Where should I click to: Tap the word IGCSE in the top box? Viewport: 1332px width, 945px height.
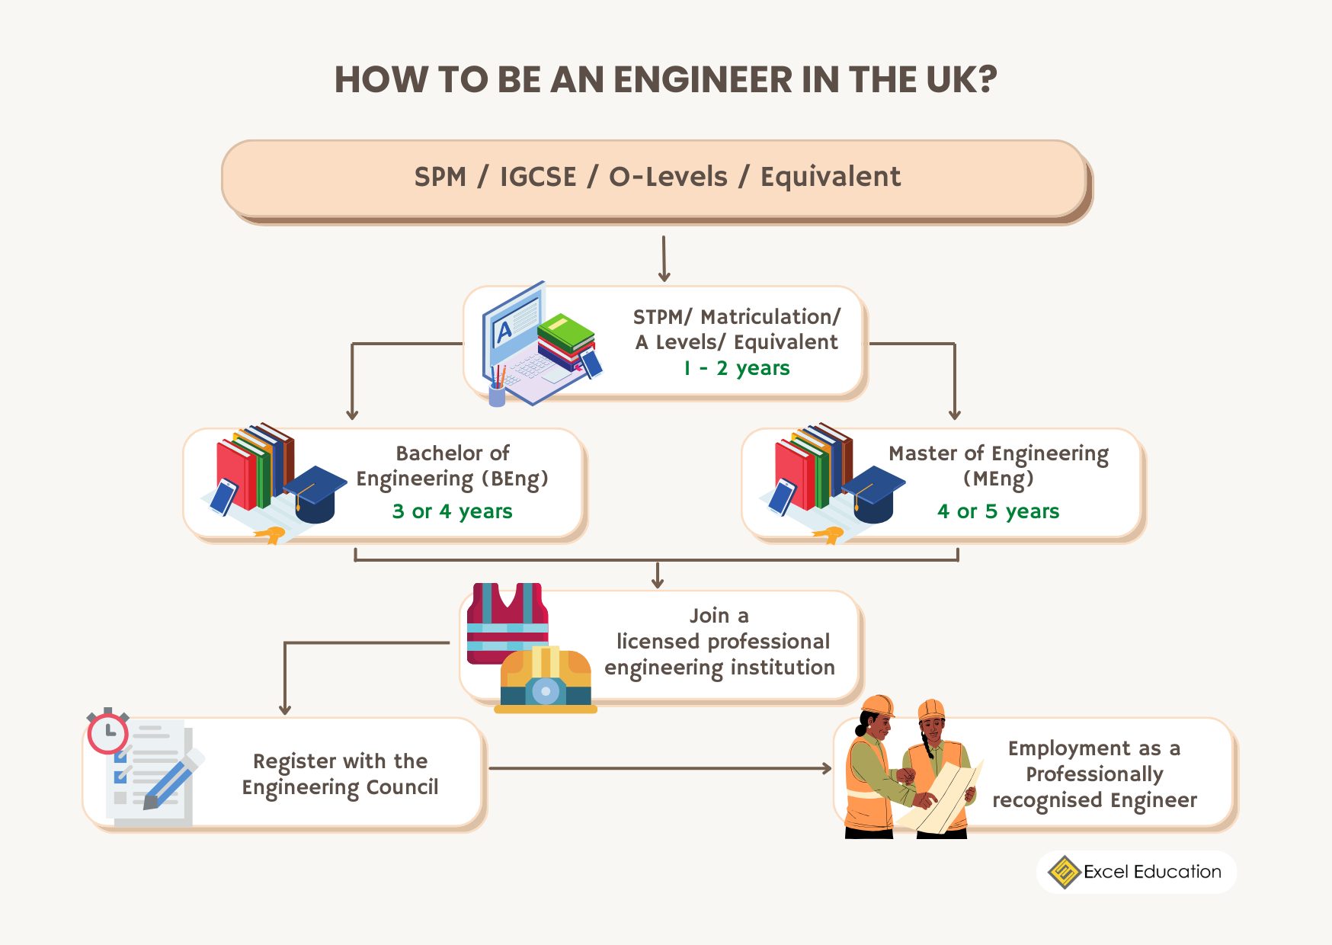tap(538, 177)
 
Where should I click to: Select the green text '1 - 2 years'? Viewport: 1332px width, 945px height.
tap(736, 368)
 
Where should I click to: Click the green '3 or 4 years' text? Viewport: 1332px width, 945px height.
tap(452, 511)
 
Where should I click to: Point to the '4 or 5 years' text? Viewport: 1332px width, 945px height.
tap(997, 511)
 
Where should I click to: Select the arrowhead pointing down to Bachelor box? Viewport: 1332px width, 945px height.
tap(352, 414)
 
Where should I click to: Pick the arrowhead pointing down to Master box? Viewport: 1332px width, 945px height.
tap(954, 414)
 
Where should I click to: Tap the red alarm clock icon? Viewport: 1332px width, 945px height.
tap(107, 732)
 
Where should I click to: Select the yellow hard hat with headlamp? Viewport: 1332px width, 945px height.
tap(546, 679)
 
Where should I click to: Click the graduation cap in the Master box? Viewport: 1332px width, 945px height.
tap(873, 492)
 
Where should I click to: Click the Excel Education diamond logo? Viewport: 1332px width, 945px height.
tap(1064, 872)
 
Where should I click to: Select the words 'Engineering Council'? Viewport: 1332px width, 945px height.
tap(340, 787)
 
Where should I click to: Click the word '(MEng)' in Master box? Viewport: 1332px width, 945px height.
tap(998, 479)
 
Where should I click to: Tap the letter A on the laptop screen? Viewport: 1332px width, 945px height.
tap(503, 332)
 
